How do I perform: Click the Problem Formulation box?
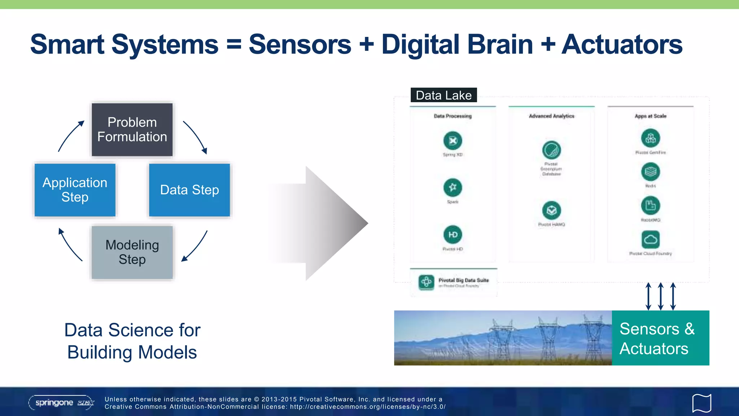(132, 130)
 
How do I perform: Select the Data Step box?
(189, 190)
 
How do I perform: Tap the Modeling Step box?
(132, 252)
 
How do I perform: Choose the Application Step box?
(75, 190)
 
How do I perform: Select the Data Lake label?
(443, 95)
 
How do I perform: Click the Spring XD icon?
(452, 140)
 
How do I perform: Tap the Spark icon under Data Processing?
(452, 187)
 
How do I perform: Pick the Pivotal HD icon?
(452, 235)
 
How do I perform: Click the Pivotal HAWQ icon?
(551, 210)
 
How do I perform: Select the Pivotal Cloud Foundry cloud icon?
(651, 239)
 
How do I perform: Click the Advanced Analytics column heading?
(551, 116)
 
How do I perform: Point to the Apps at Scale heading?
(651, 116)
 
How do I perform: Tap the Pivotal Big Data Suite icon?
(426, 282)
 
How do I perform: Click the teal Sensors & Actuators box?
(660, 338)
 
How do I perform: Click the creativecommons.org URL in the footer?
(368, 407)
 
